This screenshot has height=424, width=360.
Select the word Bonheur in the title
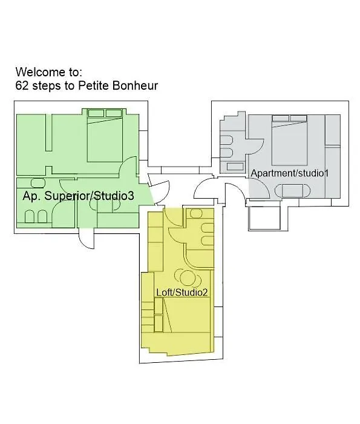pyautogui.click(x=135, y=86)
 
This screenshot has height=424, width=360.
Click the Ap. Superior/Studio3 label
pyautogui.click(x=78, y=196)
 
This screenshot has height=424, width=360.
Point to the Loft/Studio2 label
pyautogui.click(x=182, y=293)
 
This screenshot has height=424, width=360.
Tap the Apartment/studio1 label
pyautogui.click(x=289, y=173)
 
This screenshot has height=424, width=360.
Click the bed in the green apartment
pyautogui.click(x=105, y=135)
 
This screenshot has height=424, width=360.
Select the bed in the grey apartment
pyautogui.click(x=289, y=140)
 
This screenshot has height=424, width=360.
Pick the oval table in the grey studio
pyautogui.click(x=292, y=191)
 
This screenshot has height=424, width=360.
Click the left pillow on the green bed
pyautogui.click(x=96, y=113)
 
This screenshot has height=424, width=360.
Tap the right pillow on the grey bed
pyautogui.click(x=298, y=118)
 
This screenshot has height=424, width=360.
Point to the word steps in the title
pyautogui.click(x=47, y=86)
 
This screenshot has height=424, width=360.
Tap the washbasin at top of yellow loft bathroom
pyautogui.click(x=196, y=213)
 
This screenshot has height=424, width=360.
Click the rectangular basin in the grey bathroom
pyautogui.click(x=235, y=167)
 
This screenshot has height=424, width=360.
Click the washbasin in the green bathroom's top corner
pyautogui.click(x=38, y=183)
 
